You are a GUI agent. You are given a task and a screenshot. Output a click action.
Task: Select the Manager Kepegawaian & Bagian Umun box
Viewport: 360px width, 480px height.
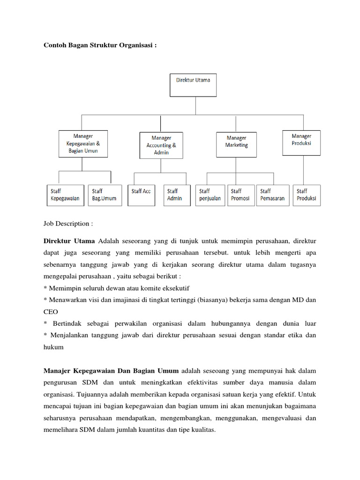click(83, 143)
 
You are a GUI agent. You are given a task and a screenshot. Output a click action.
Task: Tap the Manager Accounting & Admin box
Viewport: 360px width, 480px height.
click(161, 145)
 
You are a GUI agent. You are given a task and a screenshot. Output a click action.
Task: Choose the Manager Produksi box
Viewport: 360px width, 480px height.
click(301, 142)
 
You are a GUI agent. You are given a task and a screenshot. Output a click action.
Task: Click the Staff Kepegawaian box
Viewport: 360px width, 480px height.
click(65, 195)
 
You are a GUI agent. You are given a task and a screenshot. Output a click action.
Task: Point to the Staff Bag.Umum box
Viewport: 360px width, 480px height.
click(104, 195)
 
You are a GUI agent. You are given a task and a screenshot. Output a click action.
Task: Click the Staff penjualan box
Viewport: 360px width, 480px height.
click(210, 195)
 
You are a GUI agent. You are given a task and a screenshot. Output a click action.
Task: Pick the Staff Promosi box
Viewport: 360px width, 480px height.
click(240, 195)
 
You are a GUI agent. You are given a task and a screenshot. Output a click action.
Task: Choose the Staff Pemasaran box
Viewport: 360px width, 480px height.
click(272, 195)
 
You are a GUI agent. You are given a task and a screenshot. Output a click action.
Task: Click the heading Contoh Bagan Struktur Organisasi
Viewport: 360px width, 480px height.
click(99, 45)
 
